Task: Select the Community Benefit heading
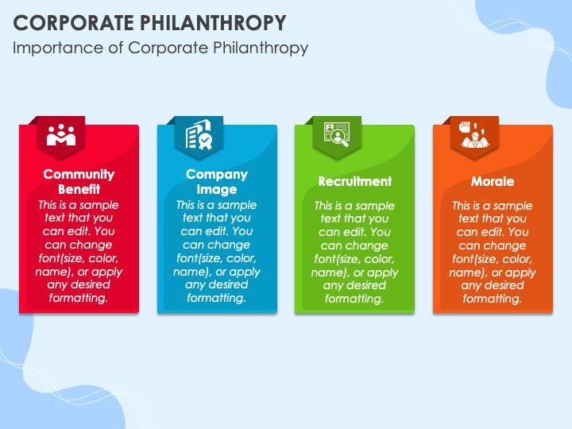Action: point(79,181)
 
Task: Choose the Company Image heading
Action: point(217,181)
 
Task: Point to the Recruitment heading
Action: point(355,181)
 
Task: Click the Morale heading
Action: point(493,181)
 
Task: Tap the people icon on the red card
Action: point(61,135)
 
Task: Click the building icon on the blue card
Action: point(199,136)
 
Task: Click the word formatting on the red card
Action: point(79,298)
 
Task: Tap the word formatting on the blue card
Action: point(217,298)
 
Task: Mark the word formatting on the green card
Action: point(355,299)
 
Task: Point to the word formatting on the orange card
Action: point(493,299)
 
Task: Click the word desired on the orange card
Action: point(504,285)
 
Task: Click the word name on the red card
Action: point(55,272)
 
